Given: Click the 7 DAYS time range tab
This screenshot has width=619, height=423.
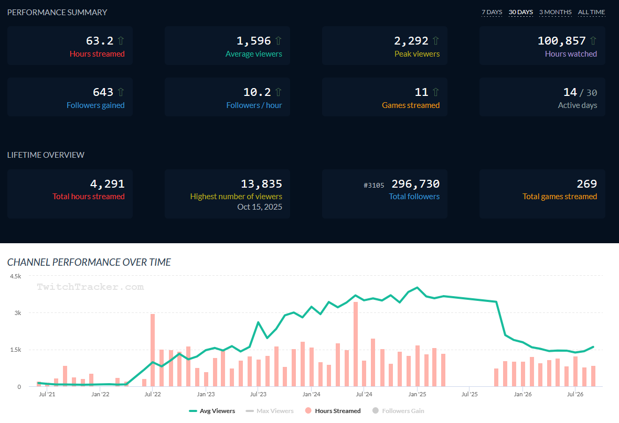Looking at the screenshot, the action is [x=492, y=12].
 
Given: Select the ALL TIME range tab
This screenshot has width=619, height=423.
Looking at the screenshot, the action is [x=591, y=12].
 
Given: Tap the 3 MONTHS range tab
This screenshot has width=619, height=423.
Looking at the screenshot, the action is [x=556, y=12].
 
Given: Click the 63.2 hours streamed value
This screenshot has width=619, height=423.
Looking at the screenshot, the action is [x=100, y=41].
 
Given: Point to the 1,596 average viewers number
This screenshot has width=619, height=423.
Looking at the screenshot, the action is [x=253, y=41].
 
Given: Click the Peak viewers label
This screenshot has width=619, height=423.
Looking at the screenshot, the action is [x=417, y=53].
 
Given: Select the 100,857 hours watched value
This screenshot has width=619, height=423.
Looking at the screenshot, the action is [x=561, y=41].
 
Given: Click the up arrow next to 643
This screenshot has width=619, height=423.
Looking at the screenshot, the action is [x=121, y=92].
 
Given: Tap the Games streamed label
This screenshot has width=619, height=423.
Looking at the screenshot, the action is [x=411, y=105].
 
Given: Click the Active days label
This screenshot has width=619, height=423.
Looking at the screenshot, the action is [x=577, y=105].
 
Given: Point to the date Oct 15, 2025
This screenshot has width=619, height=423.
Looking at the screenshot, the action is [x=259, y=207].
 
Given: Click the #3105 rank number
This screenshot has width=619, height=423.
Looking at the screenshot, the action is [x=373, y=185].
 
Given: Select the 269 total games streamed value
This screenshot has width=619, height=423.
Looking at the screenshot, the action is [x=586, y=183].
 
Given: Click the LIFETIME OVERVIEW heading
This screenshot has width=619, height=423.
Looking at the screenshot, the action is [x=46, y=155].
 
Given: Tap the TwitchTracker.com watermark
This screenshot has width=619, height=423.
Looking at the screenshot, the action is [x=90, y=287].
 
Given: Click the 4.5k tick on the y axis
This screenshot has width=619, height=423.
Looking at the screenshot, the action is [x=16, y=276].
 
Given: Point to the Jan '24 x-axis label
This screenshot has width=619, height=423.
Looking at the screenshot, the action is [x=311, y=394].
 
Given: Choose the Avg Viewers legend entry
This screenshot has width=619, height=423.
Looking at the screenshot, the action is [x=212, y=411].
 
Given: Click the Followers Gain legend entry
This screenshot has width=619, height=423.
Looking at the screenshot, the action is [x=398, y=411].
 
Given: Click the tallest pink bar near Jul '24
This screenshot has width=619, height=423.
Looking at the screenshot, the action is [x=356, y=344].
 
